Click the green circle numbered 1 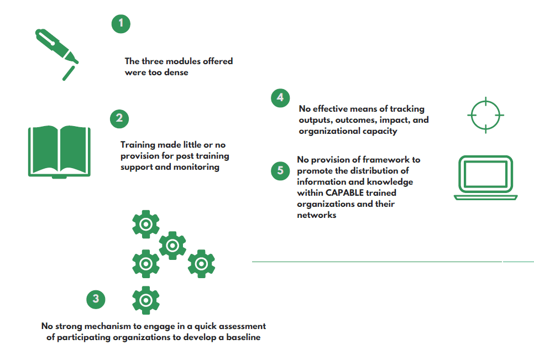[x=121, y=24]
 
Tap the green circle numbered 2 [x=119, y=118]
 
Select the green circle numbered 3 [x=96, y=299]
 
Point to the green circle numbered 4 [x=280, y=98]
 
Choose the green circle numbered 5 [x=280, y=171]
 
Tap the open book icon [x=59, y=152]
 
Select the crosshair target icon [x=486, y=115]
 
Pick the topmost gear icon [x=146, y=224]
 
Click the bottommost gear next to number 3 [x=146, y=300]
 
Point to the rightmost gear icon [x=201, y=264]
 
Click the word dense [x=176, y=72]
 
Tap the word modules [x=183, y=61]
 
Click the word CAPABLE [x=344, y=193]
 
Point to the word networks [x=317, y=215]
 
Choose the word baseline [x=243, y=337]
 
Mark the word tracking [x=407, y=109]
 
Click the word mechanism [x=108, y=326]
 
